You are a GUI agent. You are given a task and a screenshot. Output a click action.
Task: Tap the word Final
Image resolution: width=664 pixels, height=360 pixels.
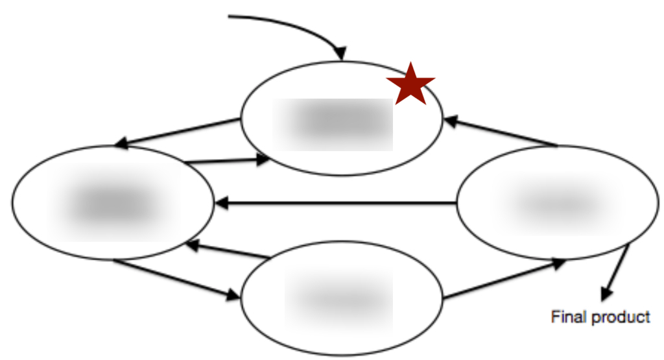[x=563, y=317]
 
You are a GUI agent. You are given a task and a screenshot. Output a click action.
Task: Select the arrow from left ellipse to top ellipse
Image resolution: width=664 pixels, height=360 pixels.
[x=227, y=160]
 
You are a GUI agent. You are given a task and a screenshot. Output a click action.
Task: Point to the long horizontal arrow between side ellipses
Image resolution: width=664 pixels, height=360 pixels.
[x=337, y=204]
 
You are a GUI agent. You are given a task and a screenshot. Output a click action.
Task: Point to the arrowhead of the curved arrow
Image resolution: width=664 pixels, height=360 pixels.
[x=340, y=53]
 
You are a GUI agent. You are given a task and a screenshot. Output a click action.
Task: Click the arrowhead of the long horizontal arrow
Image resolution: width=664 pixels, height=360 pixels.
[x=221, y=204]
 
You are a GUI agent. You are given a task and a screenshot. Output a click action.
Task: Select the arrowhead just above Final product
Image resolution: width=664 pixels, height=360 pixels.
[x=606, y=294]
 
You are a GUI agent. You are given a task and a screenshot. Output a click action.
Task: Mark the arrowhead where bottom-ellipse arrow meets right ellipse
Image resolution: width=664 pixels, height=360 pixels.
[x=560, y=263]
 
